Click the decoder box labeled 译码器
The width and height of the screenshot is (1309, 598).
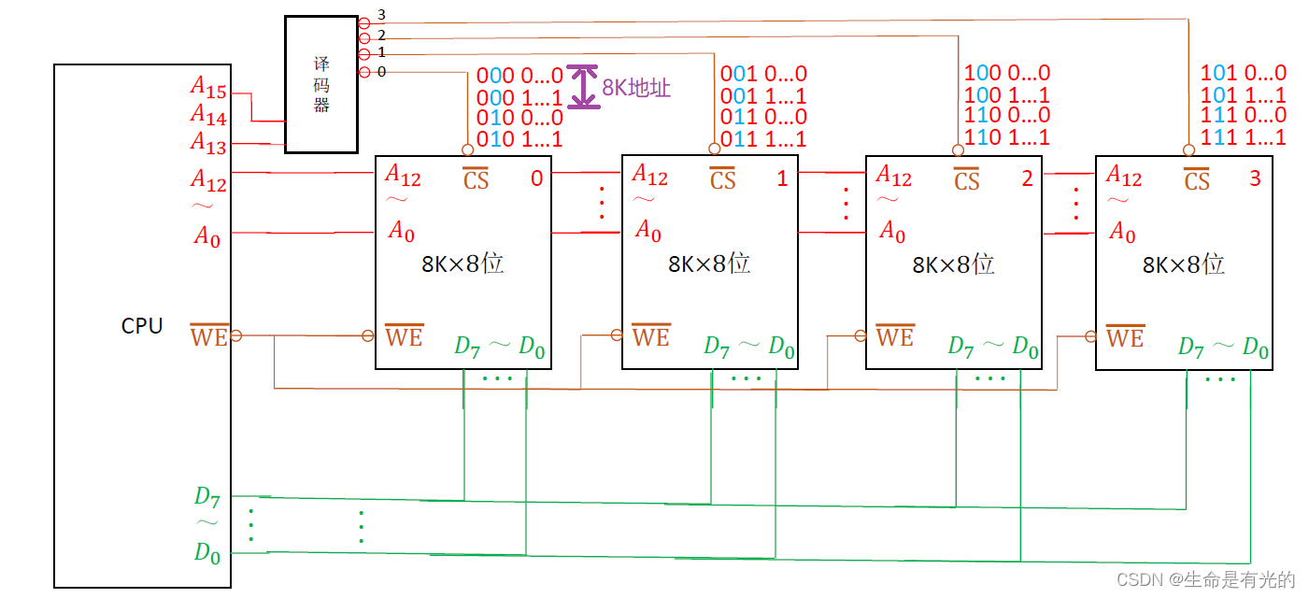point(321,84)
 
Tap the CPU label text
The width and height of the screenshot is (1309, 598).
point(142,326)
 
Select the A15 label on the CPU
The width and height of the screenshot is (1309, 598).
point(208,87)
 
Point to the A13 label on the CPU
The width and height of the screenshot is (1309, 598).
point(208,142)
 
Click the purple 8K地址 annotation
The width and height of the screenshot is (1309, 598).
point(636,88)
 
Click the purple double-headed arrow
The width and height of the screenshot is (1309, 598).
point(584,87)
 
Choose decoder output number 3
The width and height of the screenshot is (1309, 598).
point(380,16)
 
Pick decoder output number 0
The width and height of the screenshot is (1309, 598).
point(380,72)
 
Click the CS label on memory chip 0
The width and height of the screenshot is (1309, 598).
point(477,178)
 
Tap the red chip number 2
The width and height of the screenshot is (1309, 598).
point(1027,178)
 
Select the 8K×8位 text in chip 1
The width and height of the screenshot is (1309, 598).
point(709,263)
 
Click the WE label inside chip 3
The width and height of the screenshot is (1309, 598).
point(1125,336)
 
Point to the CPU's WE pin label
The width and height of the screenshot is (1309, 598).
point(209,335)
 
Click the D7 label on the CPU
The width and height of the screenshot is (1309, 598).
point(206,496)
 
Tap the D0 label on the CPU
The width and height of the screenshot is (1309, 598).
point(206,552)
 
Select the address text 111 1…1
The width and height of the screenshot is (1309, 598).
point(1244,137)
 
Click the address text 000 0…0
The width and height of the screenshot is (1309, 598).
point(519,75)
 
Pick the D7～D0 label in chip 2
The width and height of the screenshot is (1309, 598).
point(992,347)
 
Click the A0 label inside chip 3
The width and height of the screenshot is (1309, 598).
point(1122,231)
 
